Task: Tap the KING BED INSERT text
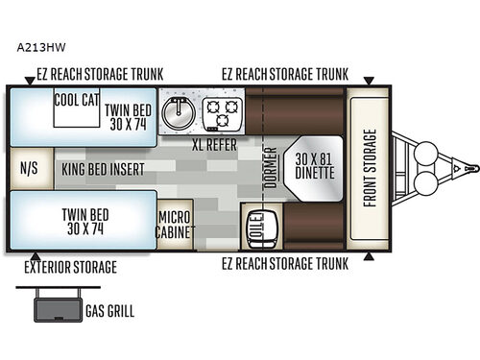(x=103, y=168)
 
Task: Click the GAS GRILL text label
(x=110, y=311)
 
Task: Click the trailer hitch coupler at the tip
(x=469, y=168)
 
